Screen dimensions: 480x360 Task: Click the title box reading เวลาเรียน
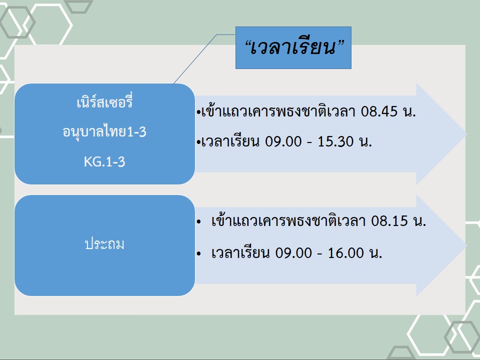[293, 47]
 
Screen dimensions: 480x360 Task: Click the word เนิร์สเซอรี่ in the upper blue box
[104, 102]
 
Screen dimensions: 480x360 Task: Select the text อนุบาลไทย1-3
[104, 132]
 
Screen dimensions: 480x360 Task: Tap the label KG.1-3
[104, 161]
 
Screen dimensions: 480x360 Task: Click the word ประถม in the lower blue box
[104, 244]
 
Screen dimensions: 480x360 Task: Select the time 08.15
[389, 220]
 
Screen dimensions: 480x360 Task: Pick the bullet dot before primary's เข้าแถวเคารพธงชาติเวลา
[199, 221]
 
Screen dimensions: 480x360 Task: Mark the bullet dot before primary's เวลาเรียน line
[199, 253]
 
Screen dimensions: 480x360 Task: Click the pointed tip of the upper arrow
[466, 134]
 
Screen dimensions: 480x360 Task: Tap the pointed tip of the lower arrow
[466, 245]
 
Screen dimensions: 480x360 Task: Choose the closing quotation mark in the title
[340, 44]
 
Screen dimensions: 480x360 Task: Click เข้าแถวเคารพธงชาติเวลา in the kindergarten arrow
[278, 111]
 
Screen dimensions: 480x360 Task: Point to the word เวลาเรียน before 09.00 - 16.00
[240, 252]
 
